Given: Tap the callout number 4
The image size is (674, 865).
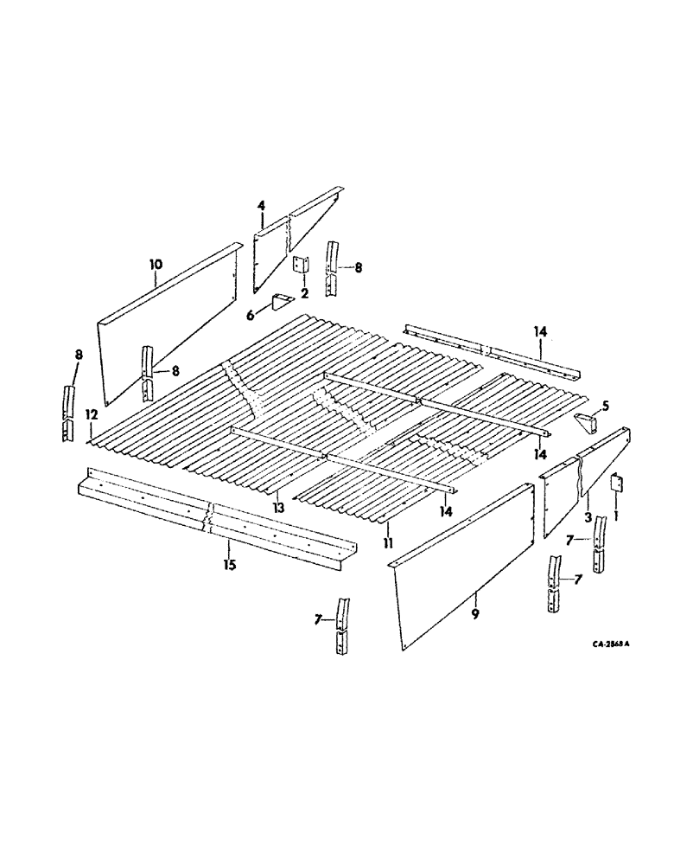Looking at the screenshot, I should [260, 205].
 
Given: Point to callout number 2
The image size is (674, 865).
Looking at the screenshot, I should [304, 292].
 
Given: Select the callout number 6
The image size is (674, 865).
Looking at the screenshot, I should [251, 316].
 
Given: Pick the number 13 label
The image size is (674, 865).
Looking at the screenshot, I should [277, 508].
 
